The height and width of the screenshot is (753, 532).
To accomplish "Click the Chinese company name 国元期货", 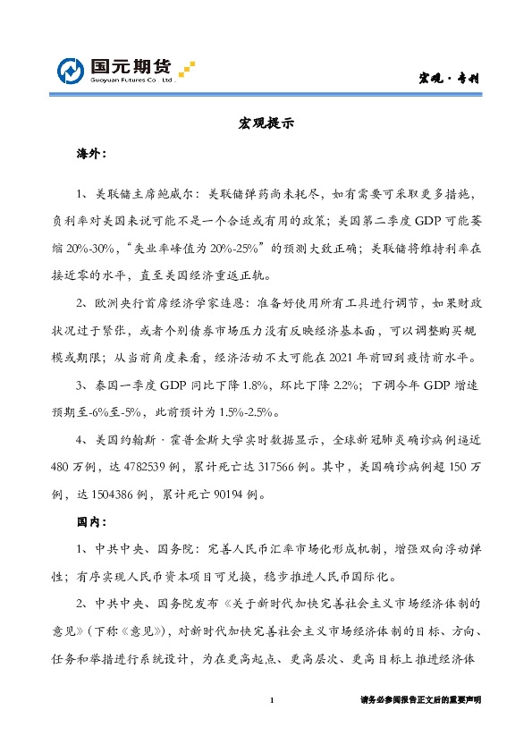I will point(131,65).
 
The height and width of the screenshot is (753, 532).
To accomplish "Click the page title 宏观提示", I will point(266,124).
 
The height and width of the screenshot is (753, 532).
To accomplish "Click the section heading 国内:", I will point(90,520).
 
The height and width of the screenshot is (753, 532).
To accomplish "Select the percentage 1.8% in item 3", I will point(228,387).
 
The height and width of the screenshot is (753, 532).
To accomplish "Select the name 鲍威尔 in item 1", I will point(174,193).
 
